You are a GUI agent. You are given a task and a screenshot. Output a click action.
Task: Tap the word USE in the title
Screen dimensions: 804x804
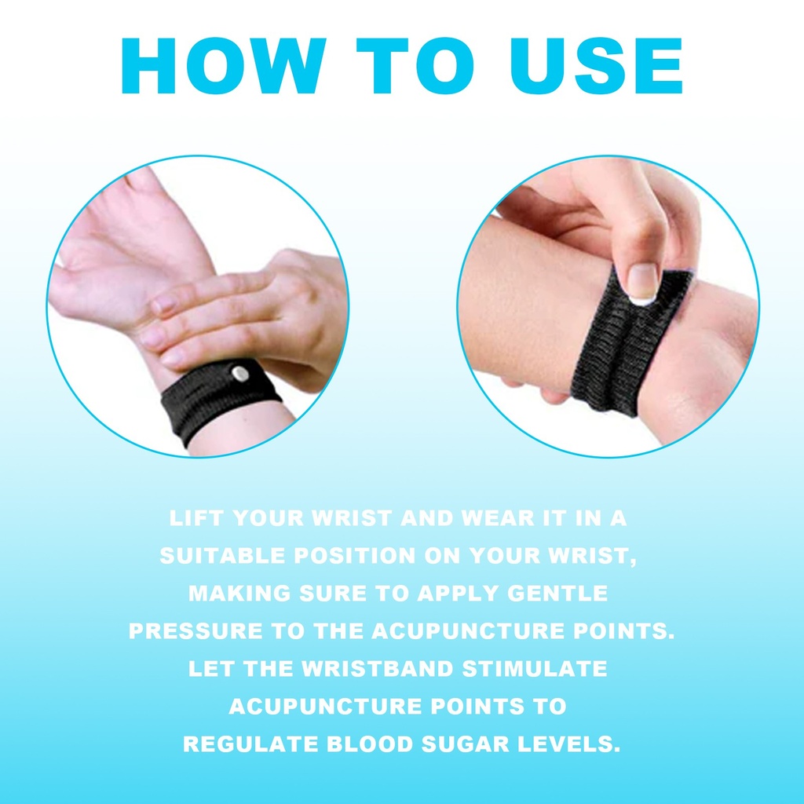click(596, 66)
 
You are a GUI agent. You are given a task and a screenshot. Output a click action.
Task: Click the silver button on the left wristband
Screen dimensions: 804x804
click(239, 373)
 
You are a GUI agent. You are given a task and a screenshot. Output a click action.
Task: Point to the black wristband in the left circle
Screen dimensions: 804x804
click(221, 400)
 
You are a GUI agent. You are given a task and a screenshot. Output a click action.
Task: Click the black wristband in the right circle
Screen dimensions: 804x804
click(630, 341)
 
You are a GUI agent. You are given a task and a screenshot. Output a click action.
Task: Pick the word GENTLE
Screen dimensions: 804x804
click(557, 594)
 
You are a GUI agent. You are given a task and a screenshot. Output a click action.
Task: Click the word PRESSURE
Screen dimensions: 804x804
click(196, 631)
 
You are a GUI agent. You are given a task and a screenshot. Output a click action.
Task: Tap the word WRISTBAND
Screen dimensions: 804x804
click(378, 669)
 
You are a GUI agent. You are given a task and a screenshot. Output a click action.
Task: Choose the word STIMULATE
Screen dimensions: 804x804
click(535, 669)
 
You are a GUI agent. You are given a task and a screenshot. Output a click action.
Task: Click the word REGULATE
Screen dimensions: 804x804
click(250, 744)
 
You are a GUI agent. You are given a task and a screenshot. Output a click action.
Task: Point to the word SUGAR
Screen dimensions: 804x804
click(465, 744)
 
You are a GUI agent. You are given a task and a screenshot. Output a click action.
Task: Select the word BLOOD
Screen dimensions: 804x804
click(370, 744)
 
